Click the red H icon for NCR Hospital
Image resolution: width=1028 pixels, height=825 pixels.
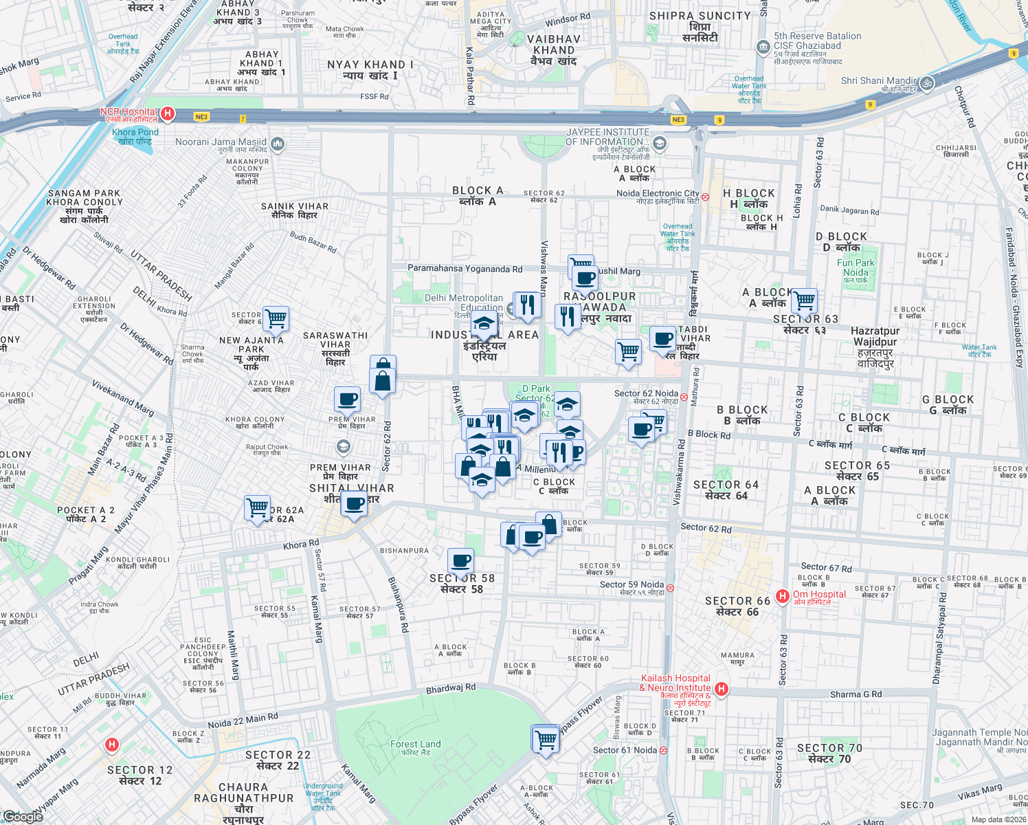pyautogui.click(x=167, y=113)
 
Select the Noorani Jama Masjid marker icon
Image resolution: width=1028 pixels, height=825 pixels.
pyautogui.click(x=278, y=144)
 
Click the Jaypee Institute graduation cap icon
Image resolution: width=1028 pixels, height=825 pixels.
pyautogui.click(x=660, y=143)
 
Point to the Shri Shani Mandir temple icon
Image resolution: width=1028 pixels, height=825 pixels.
pyautogui.click(x=927, y=83)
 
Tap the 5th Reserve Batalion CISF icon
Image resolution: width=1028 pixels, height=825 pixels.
pyautogui.click(x=763, y=47)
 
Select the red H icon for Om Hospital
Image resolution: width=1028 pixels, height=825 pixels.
pyautogui.click(x=782, y=596)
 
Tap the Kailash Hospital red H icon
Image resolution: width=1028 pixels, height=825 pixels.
pyautogui.click(x=721, y=688)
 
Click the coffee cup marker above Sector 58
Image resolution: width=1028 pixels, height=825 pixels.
pyautogui.click(x=460, y=560)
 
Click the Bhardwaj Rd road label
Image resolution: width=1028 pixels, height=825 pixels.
pyautogui.click(x=451, y=688)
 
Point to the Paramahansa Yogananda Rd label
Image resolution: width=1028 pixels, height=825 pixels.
pyautogui.click(x=465, y=269)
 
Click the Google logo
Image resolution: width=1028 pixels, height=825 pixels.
pyautogui.click(x=23, y=816)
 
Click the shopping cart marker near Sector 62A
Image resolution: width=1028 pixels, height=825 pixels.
pyautogui.click(x=258, y=508)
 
